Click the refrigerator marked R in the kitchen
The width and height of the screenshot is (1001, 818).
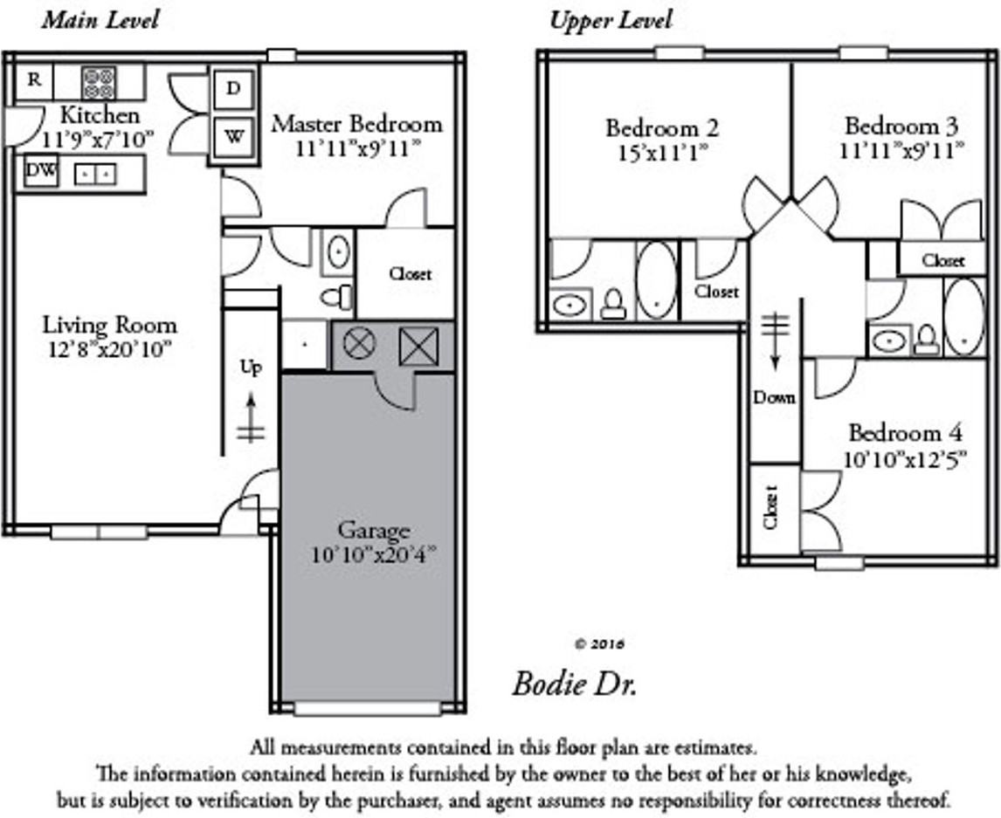(x=34, y=80)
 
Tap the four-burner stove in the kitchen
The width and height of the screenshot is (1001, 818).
(x=99, y=83)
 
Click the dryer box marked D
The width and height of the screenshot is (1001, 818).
(x=234, y=88)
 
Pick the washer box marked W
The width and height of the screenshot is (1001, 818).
(x=234, y=137)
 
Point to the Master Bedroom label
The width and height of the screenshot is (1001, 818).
(x=356, y=124)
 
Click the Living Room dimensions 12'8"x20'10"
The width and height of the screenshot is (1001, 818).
(x=109, y=349)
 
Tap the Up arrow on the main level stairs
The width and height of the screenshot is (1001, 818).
(x=251, y=416)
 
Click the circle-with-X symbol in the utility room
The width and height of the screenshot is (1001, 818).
(x=359, y=344)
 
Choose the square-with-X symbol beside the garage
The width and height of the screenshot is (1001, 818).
(x=417, y=346)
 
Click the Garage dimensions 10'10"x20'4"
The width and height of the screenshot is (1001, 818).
(x=373, y=553)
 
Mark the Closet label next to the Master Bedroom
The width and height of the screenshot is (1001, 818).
(x=410, y=274)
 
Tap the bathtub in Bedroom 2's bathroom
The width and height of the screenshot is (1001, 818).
(x=656, y=279)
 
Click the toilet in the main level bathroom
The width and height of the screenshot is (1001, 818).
(x=337, y=297)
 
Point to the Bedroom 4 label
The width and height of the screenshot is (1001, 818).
(x=905, y=433)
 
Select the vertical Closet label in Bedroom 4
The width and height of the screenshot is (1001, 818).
(x=770, y=506)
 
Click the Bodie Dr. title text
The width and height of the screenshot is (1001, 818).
(x=574, y=683)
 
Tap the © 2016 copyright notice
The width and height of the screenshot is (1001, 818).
(x=599, y=644)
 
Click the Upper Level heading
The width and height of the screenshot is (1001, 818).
(x=611, y=20)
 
